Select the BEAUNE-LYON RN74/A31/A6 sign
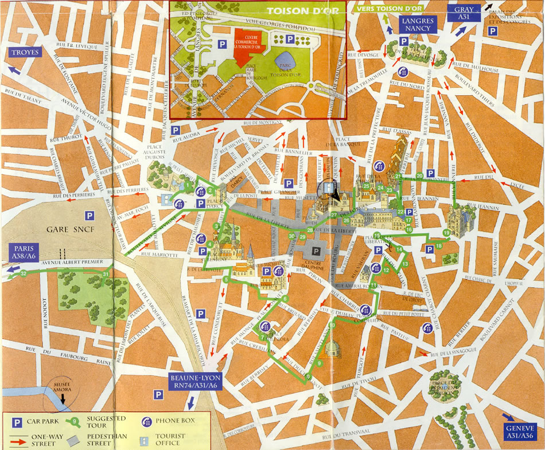point(196,382)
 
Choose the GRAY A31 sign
point(465,13)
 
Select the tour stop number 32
point(24,274)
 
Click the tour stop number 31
point(106,275)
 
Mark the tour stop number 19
point(446,232)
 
